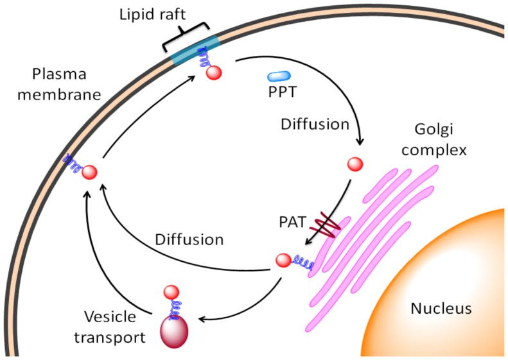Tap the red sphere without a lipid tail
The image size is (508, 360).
pos(355,164)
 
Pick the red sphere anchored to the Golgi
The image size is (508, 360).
pos(283,261)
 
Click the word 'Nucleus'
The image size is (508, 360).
pos(441,309)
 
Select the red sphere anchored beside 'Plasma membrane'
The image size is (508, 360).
pos(90,172)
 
